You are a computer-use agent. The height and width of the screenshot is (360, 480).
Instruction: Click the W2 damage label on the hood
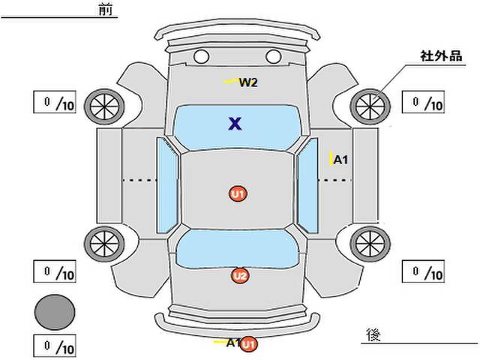coord(248,82)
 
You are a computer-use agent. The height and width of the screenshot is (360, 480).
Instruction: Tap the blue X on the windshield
coord(235,124)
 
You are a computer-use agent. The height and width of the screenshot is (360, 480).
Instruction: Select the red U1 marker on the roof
coord(238,193)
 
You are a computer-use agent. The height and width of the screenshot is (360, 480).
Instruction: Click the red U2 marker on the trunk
coord(240,276)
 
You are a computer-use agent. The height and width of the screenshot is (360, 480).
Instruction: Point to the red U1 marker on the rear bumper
coord(248,344)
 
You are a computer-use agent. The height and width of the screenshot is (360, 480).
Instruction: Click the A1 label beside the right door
coord(340,160)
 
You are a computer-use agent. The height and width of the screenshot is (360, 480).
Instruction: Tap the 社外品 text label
coord(441,56)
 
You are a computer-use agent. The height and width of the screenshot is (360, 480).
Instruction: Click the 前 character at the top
coord(106,10)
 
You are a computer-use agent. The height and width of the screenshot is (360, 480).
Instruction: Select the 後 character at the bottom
coord(373,335)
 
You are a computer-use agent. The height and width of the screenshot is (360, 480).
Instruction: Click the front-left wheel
coord(104,106)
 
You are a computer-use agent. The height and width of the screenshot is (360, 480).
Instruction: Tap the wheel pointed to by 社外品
coord(370,106)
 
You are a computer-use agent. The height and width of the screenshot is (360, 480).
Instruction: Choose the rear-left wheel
coord(104,244)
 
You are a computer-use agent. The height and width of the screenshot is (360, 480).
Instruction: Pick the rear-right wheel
coord(370,244)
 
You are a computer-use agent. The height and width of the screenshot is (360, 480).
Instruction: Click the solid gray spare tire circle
coord(55,312)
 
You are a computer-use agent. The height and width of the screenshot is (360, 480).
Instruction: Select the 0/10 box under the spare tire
coord(55,346)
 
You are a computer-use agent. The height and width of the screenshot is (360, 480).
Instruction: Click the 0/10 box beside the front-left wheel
coord(55,102)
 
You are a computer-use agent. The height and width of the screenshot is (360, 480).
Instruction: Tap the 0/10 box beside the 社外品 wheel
coord(423,102)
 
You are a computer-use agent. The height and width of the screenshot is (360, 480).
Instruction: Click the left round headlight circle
coord(201,57)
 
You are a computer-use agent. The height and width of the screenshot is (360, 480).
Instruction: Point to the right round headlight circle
coord(273,57)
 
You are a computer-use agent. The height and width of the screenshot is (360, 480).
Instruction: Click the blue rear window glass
coord(237,248)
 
